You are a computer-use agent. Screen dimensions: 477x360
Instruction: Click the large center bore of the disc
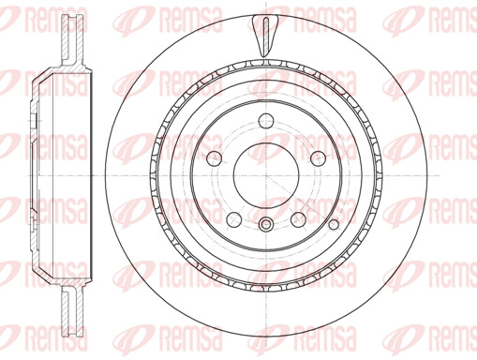click(266, 176)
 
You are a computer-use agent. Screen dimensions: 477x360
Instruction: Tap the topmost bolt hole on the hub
click(266, 121)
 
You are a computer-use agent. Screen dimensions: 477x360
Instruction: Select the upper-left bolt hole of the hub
click(215, 158)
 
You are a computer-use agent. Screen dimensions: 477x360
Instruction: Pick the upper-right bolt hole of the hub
click(319, 158)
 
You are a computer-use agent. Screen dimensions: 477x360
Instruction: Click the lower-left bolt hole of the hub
click(234, 219)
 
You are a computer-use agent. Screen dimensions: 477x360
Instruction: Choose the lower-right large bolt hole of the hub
click(298, 219)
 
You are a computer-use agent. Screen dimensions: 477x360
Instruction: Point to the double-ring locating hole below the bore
click(266, 224)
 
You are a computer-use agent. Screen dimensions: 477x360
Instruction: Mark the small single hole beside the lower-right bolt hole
click(334, 224)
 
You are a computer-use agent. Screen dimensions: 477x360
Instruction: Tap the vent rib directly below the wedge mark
click(266, 64)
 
